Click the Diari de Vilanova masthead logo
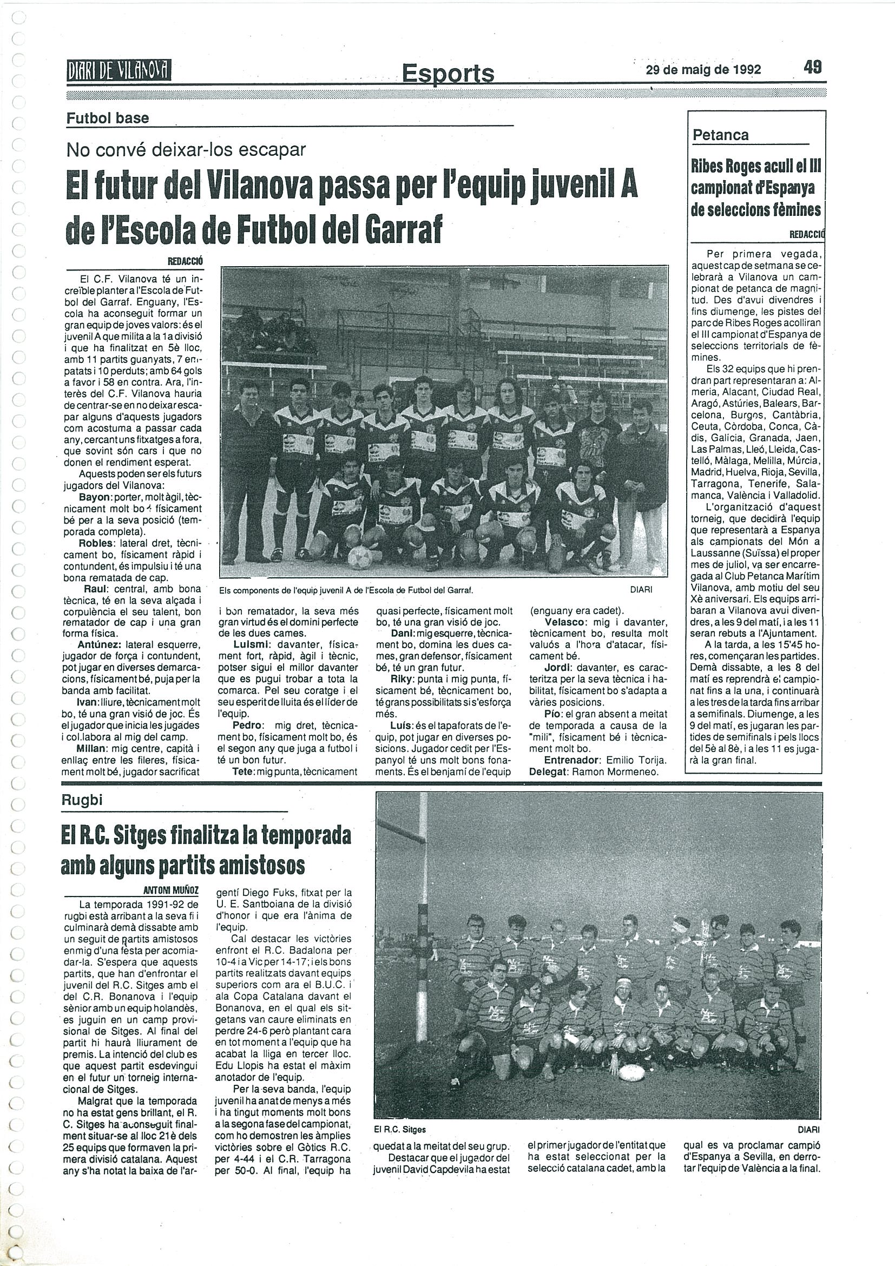(118, 70)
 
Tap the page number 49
(812, 67)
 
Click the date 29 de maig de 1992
(703, 69)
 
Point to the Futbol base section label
(108, 118)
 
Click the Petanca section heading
(721, 135)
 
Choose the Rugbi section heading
(82, 800)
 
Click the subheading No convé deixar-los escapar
(186, 149)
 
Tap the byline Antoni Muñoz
(170, 889)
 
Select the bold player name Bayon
(95, 497)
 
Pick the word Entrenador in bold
(556, 760)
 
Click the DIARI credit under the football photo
(641, 589)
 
